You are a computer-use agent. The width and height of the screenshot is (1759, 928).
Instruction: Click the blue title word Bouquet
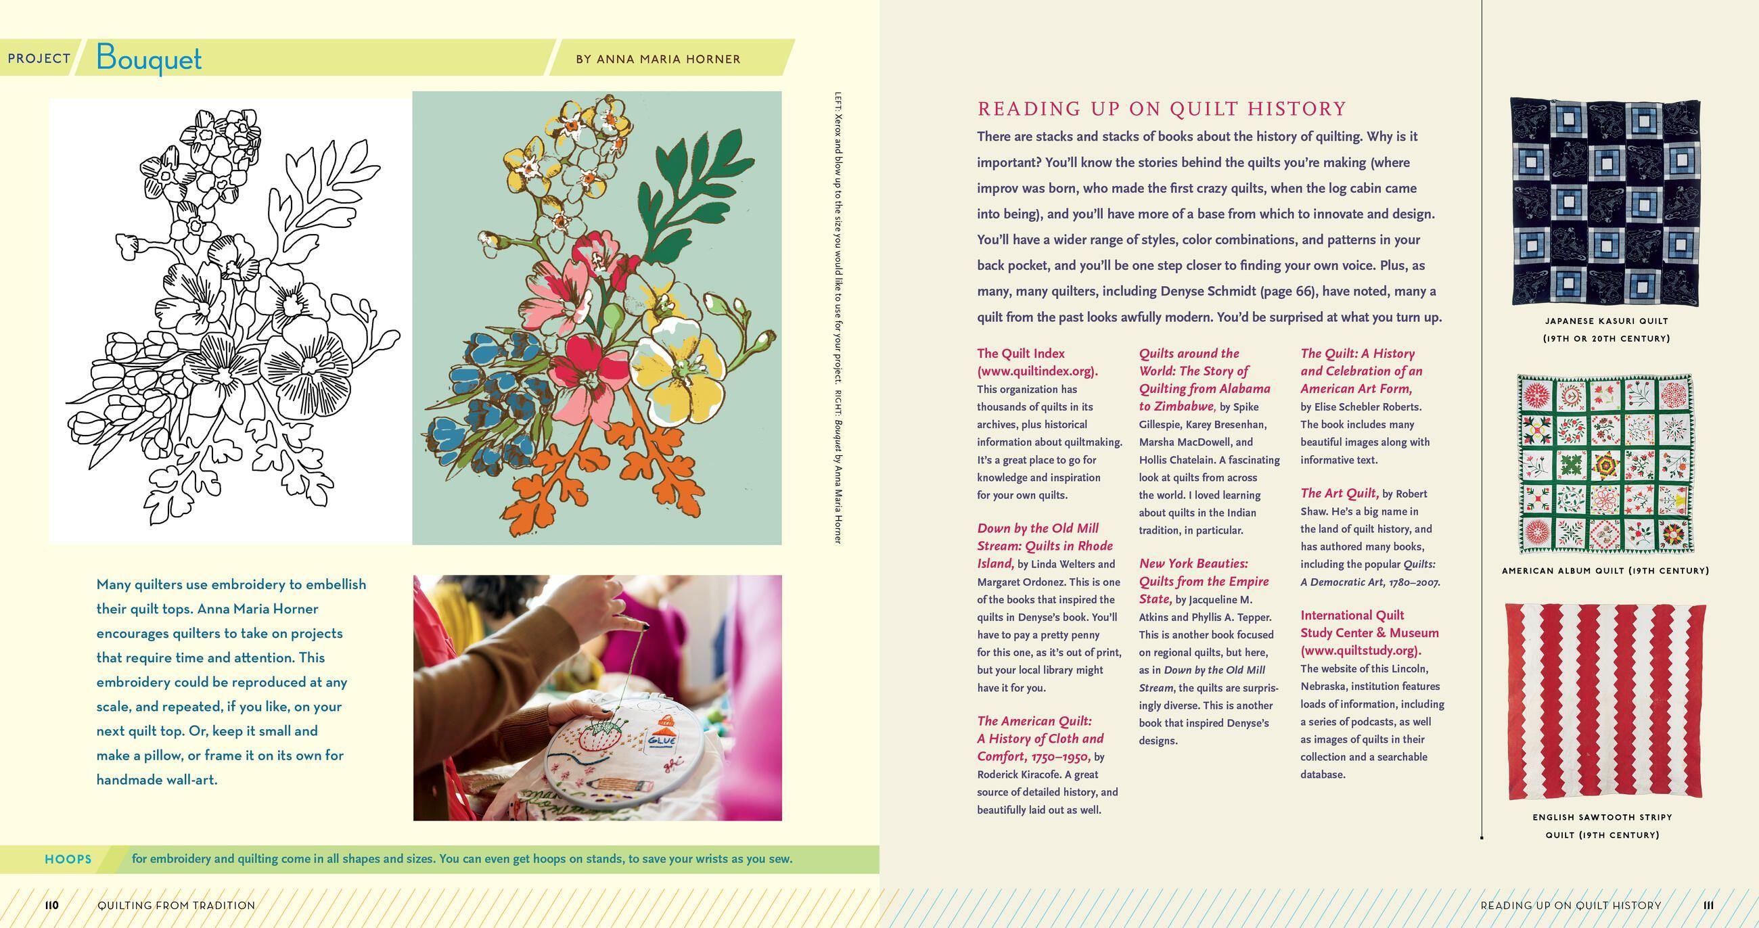(x=149, y=58)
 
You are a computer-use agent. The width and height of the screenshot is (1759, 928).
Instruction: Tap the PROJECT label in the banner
(x=39, y=59)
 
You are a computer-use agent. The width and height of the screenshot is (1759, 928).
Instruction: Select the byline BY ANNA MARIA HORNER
(x=658, y=60)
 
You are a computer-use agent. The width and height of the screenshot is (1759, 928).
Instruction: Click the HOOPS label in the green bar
(x=68, y=859)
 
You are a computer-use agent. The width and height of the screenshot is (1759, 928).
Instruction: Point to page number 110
(x=52, y=906)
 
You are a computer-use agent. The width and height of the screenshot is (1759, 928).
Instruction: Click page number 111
(x=1708, y=906)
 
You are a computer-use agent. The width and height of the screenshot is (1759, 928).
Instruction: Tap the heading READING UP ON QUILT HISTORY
(x=1162, y=110)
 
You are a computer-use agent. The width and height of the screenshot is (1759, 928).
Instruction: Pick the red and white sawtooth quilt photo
(x=1605, y=701)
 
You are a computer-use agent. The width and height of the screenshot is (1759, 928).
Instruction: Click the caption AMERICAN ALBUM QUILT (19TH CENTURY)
(x=1605, y=571)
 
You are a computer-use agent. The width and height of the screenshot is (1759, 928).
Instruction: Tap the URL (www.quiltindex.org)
(x=1037, y=371)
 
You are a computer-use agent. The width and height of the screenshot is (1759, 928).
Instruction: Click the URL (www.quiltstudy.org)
(x=1360, y=651)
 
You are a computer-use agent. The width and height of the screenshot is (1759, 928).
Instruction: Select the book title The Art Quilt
(x=1338, y=493)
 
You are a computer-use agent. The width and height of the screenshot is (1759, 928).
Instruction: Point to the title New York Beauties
(x=1193, y=564)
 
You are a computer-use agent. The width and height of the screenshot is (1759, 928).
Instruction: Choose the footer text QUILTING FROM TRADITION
(x=176, y=906)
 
